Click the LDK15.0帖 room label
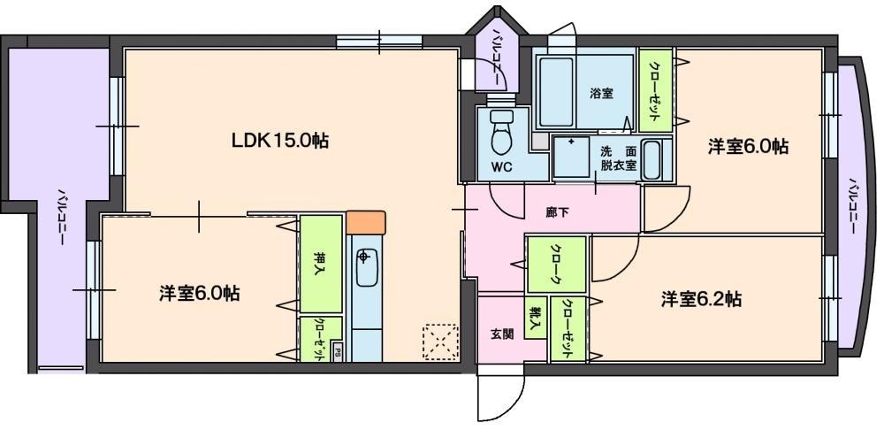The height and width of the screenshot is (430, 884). [x=281, y=140]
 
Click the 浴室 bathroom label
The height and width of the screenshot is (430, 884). [x=602, y=93]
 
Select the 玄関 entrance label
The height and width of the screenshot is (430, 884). [x=501, y=334]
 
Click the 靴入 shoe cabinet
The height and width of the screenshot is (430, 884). [x=535, y=319]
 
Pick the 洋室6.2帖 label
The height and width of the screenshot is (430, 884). [x=701, y=299]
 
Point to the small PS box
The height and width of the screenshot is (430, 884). [x=339, y=353]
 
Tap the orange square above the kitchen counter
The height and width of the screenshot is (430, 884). [x=366, y=221]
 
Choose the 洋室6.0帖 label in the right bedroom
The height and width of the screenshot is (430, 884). [x=748, y=147]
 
